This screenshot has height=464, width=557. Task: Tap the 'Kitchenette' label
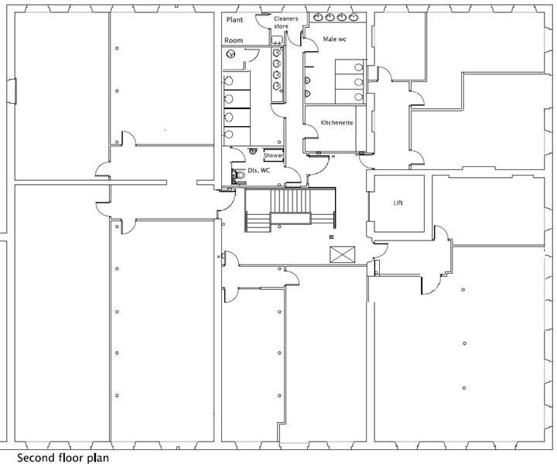[x=337, y=123]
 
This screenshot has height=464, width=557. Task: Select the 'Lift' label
[x=398, y=203]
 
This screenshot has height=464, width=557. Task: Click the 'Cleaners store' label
[x=285, y=22]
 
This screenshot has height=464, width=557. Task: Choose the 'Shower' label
[x=273, y=155]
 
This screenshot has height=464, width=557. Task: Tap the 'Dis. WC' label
[x=258, y=170]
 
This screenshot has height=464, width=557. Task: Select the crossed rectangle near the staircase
[x=341, y=254]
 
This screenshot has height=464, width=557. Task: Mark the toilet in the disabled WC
[x=241, y=176]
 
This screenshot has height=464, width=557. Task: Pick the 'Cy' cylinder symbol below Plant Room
[x=231, y=54]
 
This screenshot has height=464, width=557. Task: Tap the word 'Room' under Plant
[x=234, y=40]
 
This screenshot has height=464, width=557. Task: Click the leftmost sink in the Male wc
[x=318, y=17]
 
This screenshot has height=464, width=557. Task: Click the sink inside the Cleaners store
[x=276, y=39]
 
